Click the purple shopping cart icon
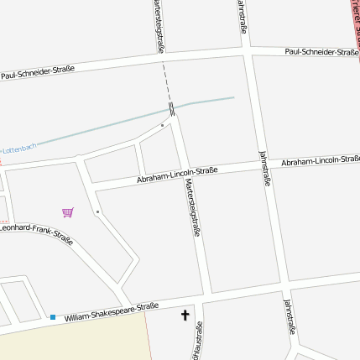tap(68, 212)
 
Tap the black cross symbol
tap(185, 316)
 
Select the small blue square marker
tap(53, 317)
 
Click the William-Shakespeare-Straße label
tap(112, 311)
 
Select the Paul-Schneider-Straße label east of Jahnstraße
tap(321, 51)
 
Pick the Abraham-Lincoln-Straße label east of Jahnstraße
tap(320, 159)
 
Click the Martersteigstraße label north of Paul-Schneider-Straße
tap(159, 25)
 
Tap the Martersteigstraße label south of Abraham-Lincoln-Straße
tap(193, 207)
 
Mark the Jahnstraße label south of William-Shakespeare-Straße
tap(289, 317)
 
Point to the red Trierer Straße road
tap(355, 21)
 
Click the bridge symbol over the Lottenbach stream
tap(170, 109)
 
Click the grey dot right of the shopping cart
tap(97, 211)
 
